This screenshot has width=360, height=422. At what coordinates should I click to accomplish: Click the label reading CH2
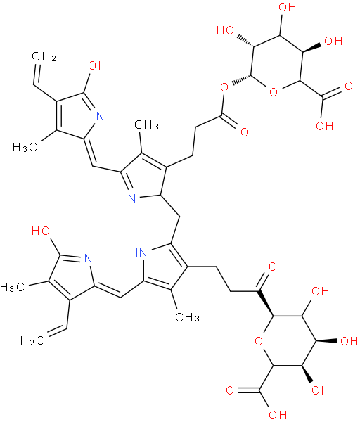pos(44,57)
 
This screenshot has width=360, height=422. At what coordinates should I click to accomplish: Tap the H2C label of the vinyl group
pos(32,340)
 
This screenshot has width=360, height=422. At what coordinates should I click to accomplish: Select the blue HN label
pos(139,252)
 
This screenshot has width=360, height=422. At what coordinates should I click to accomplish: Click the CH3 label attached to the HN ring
pos(187,317)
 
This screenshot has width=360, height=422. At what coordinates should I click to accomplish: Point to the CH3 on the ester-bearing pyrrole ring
pos(146,125)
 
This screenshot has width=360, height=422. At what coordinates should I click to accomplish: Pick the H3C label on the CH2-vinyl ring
pos(25,147)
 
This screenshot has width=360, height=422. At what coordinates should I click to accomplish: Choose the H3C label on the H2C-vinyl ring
pos(13,287)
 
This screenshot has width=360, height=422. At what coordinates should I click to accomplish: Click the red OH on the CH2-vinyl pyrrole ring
pos(97,65)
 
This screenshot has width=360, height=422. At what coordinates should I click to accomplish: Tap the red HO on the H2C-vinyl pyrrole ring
pos(41,231)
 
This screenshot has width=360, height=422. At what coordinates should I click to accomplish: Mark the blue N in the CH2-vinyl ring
pos(100,117)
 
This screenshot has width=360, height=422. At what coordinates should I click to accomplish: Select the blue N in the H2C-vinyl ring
pos(89,258)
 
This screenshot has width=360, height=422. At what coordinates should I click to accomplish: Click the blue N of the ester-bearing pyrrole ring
pos(132,198)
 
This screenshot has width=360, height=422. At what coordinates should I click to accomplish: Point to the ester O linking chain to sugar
pos(224,87)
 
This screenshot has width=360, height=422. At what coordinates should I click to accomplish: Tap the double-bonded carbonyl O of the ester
pos(245,132)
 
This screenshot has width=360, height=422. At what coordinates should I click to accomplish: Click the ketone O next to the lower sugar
pos(273,267)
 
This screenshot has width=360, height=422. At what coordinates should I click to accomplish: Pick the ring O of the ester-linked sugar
pos(274,92)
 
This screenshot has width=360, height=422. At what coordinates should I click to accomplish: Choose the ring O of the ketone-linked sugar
pos(259,341)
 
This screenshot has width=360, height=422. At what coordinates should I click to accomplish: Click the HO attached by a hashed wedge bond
pos(225,30)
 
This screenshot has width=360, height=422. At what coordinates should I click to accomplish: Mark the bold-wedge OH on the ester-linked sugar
pos(333,41)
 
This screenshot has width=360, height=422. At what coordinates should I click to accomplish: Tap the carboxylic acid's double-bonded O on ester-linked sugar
pos(349,86)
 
